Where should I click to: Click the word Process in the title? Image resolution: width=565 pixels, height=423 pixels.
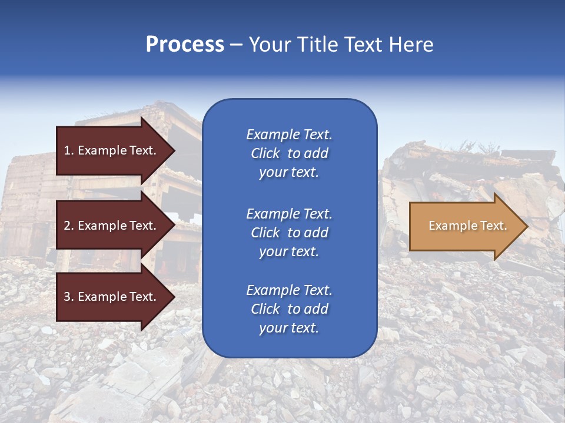pyautogui.click(x=185, y=45)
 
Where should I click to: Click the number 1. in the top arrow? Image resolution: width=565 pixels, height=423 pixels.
pyautogui.click(x=69, y=150)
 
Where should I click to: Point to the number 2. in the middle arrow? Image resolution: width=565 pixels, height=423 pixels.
pyautogui.click(x=69, y=226)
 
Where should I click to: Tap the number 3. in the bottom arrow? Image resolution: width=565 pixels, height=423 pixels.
pyautogui.click(x=69, y=297)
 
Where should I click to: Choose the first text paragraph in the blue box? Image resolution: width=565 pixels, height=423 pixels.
pyautogui.click(x=289, y=153)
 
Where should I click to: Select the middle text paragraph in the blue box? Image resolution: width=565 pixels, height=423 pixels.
pyautogui.click(x=289, y=233)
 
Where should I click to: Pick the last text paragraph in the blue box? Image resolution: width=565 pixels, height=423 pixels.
pyautogui.click(x=289, y=309)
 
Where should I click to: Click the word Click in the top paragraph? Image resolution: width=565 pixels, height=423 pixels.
pyautogui.click(x=265, y=153)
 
